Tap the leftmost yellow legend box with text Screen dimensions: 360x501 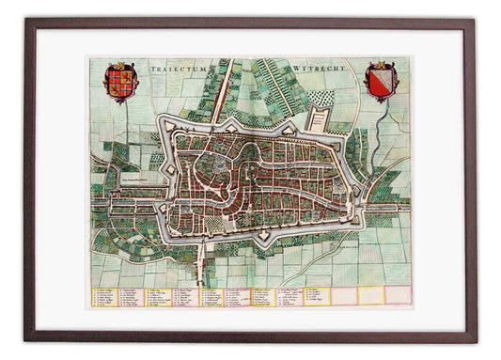tap(104, 296)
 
